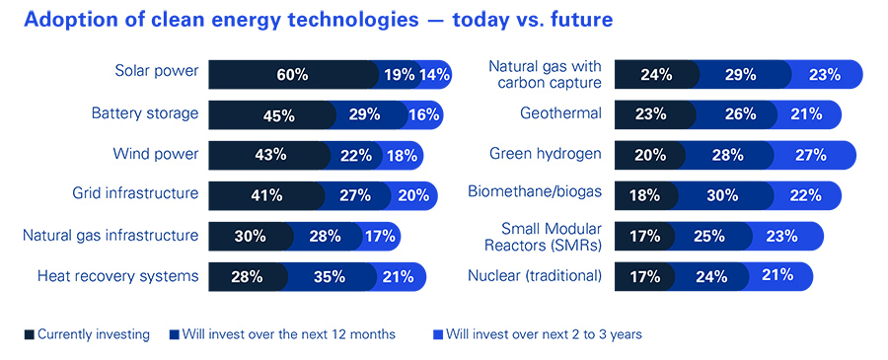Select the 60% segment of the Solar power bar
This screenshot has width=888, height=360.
292,74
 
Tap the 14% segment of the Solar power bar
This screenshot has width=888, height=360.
434,74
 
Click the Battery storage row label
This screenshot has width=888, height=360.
146,113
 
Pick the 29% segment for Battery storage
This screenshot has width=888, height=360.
364,114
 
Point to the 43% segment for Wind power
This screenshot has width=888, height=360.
269,155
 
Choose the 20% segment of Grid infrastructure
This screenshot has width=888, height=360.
413,195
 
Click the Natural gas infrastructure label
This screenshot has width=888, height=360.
111,235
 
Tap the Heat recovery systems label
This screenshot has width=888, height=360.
117,276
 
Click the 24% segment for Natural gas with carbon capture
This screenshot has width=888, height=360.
656,74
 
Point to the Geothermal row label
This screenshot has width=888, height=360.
560,113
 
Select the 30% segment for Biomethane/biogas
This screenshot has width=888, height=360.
721,195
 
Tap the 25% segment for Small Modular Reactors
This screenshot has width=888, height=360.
712,236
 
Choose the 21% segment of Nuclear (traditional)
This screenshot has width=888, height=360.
777,275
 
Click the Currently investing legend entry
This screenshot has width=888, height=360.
86,334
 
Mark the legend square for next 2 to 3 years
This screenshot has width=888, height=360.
438,335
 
